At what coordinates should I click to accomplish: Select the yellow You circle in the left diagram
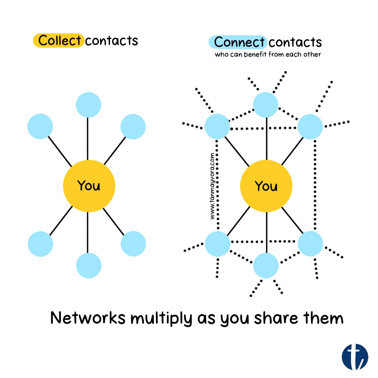point(89,186)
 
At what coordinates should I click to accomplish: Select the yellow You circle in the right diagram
point(266,186)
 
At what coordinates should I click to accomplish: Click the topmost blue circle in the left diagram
point(89,105)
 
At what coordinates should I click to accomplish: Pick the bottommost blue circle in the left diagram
point(89,266)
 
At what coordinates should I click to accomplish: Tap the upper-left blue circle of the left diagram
point(40,126)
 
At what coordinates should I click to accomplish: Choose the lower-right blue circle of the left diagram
point(133,244)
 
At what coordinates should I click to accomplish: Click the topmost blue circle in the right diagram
point(266,105)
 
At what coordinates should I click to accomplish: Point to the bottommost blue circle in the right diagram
point(266,266)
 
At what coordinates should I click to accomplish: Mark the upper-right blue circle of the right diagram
point(310,126)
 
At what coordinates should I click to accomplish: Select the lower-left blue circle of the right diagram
point(217,244)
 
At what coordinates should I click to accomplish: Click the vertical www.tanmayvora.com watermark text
point(212,186)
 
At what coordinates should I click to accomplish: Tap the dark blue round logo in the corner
point(355,357)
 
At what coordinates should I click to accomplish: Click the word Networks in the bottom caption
point(88,318)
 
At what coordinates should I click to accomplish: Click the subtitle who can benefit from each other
point(268,55)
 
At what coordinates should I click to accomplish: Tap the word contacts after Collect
point(112,41)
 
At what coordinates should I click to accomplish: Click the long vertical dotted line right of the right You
point(315,186)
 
